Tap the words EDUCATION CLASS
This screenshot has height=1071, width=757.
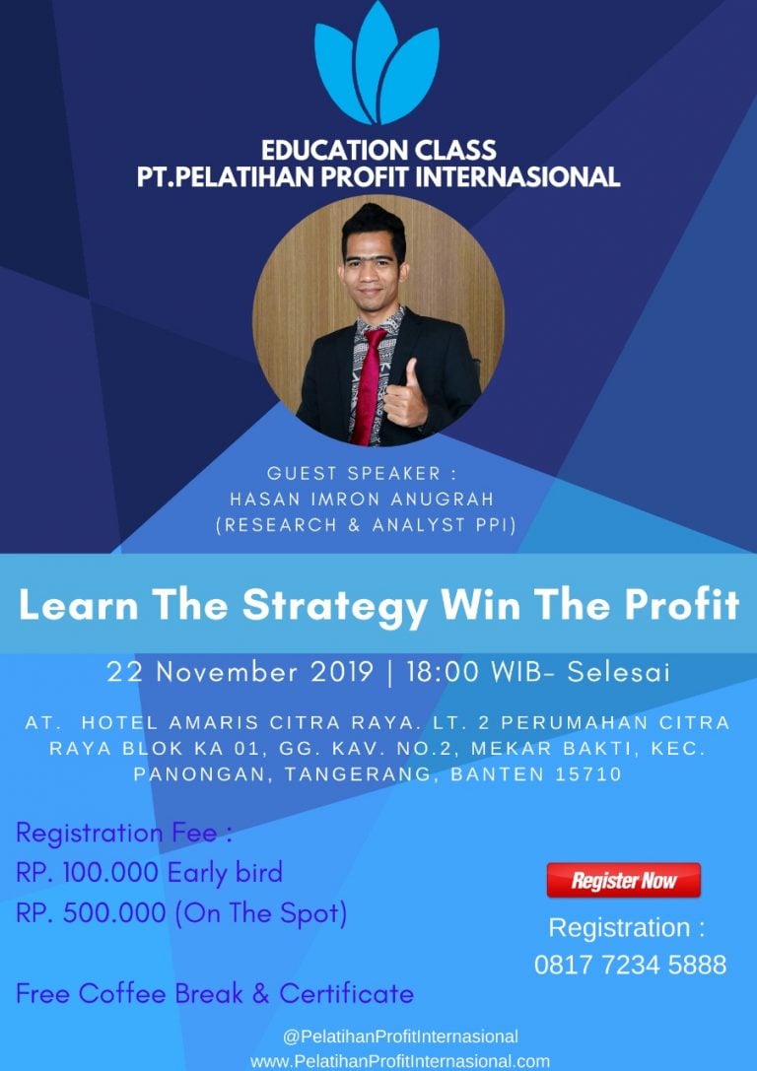(x=378, y=151)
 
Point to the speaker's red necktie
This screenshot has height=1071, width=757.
(x=370, y=385)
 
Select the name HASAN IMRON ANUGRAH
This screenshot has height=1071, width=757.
(x=362, y=499)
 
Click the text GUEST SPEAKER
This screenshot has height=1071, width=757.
(x=354, y=473)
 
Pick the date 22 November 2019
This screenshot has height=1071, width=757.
(x=241, y=672)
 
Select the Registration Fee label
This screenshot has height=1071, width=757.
(x=123, y=834)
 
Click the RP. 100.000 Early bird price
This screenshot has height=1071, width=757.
(x=149, y=872)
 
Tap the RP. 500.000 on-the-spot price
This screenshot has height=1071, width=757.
(x=181, y=913)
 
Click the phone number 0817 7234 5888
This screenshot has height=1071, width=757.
(x=630, y=965)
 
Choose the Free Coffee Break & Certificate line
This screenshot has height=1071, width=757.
(x=215, y=993)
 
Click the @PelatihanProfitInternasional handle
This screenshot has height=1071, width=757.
(x=400, y=1037)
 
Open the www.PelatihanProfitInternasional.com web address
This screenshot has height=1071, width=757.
(x=400, y=1061)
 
